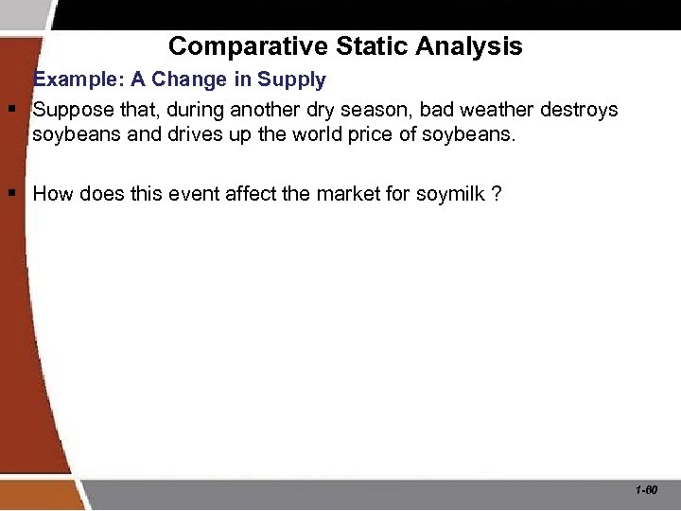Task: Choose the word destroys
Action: [579, 110]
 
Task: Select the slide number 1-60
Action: [647, 491]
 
